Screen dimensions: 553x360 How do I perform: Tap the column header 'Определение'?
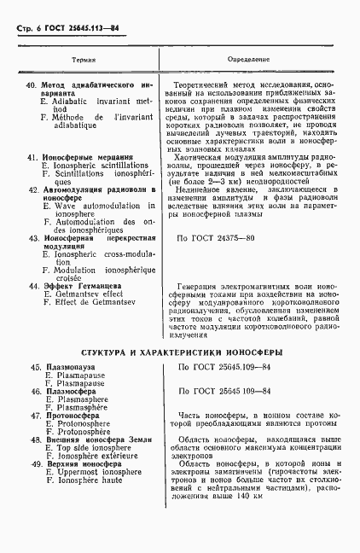[249, 61]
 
